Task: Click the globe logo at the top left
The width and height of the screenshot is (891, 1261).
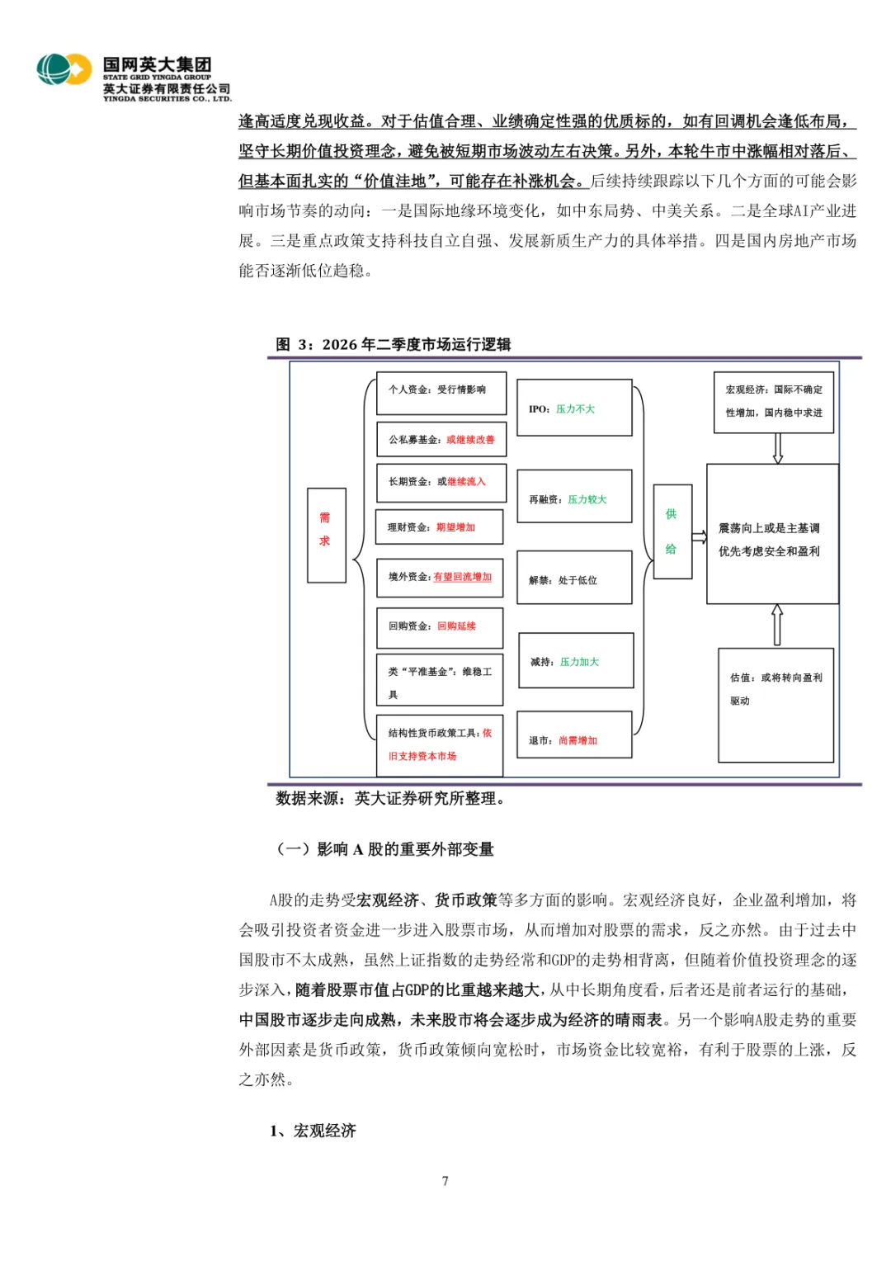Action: click(x=64, y=69)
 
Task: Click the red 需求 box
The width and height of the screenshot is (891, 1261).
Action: click(x=326, y=535)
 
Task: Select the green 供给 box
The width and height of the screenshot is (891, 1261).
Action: click(x=672, y=531)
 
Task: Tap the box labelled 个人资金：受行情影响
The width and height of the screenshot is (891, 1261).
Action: click(x=441, y=394)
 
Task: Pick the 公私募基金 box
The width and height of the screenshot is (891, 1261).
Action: click(x=441, y=440)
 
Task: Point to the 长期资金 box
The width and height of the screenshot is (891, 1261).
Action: click(x=441, y=482)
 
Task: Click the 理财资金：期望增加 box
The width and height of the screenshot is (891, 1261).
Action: click(x=439, y=527)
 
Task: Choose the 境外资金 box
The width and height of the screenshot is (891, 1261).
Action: click(x=440, y=578)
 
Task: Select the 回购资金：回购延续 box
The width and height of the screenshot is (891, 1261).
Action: click(x=440, y=626)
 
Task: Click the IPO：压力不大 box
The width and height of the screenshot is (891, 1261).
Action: click(x=574, y=408)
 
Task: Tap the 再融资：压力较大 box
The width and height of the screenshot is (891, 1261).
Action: click(x=574, y=497)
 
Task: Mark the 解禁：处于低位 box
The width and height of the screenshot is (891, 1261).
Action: click(x=574, y=578)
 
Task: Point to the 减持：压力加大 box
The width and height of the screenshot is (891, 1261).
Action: click(x=576, y=660)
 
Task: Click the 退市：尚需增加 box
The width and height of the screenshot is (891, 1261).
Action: click(x=574, y=734)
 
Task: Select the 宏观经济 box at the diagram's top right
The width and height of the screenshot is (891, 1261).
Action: click(x=774, y=402)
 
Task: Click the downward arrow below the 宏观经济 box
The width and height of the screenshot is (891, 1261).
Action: click(x=777, y=448)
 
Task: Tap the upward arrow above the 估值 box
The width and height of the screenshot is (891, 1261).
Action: click(x=776, y=625)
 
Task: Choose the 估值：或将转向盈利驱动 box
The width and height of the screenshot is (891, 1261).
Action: click(x=775, y=705)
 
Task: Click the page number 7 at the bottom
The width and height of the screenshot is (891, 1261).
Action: click(x=445, y=1181)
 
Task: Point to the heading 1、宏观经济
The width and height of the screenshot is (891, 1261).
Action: click(x=313, y=1131)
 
